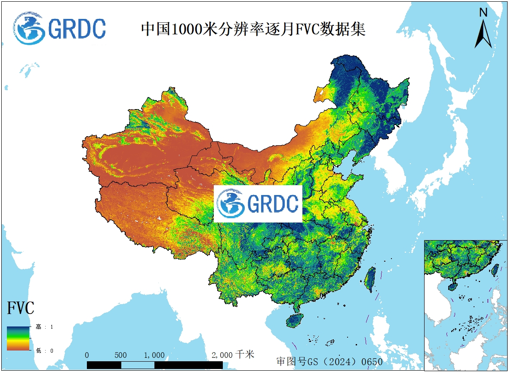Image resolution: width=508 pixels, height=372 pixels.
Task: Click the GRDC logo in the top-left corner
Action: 59,28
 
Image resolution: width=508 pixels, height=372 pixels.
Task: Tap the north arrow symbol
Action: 483,34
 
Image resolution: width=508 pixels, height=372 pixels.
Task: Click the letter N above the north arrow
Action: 483,12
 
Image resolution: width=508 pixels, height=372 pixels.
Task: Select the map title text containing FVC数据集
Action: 253,29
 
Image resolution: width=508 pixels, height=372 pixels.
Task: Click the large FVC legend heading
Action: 21,308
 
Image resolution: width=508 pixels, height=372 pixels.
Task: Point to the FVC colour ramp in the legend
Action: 18,338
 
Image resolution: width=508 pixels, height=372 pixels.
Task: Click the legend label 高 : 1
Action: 44,327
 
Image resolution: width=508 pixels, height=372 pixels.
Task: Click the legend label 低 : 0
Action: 44,351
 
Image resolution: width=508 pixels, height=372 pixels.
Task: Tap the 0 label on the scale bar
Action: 87,355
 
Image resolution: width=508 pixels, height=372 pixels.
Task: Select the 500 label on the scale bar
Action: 121,355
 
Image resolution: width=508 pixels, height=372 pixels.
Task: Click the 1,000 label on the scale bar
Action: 154,355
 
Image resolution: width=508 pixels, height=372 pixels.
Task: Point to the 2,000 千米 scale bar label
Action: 233,355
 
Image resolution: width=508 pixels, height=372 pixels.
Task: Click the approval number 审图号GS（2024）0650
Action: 329,361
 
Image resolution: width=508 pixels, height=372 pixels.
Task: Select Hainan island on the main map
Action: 295,320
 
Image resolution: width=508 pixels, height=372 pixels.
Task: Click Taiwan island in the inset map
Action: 495,269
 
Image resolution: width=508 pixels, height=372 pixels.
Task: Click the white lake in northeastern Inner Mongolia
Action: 320,92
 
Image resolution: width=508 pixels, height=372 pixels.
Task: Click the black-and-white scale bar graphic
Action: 154,365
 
